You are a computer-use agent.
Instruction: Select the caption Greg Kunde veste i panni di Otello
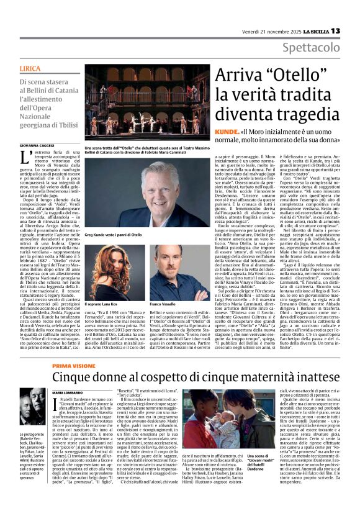[114, 235]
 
